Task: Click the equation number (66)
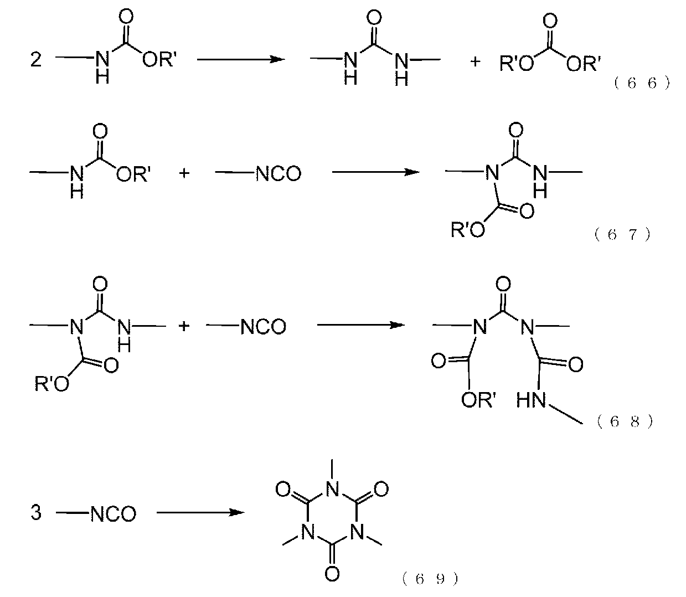pos(642,84)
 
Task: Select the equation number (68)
pos(625,421)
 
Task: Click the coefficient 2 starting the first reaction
pos(36,59)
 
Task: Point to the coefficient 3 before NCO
pos(36,513)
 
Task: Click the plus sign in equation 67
pos(184,173)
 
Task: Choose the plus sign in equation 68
pos(184,326)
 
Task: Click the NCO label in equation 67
pos(278,174)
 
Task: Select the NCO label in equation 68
pos(264,327)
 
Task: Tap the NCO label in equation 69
pos(113,514)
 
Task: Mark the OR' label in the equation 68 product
pos(478,400)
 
